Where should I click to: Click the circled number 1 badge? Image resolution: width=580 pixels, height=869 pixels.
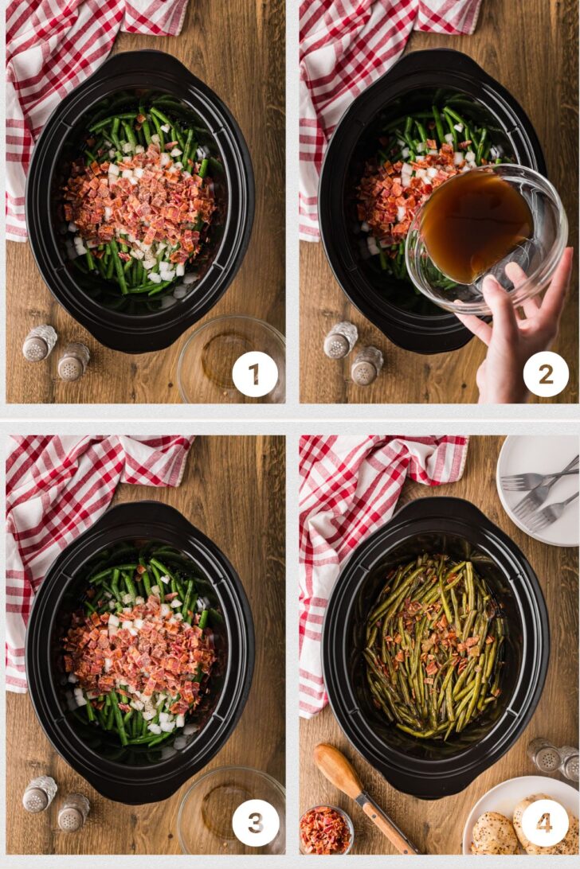click(255, 373)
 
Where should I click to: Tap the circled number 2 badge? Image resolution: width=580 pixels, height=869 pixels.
click(546, 374)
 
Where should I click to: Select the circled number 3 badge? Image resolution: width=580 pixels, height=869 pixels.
click(255, 823)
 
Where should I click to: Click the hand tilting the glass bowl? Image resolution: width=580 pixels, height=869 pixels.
click(516, 321)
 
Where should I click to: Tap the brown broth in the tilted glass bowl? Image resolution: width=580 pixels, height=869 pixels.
click(475, 224)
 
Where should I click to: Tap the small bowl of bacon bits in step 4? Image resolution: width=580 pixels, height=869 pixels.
click(326, 830)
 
